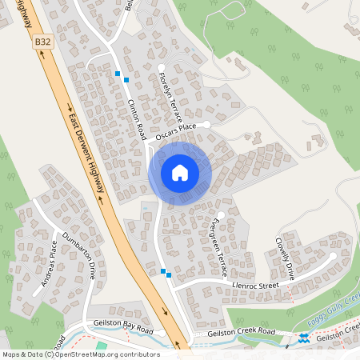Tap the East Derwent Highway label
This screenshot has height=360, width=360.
86,152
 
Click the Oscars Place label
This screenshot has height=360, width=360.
176,129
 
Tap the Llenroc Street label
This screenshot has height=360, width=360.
256,285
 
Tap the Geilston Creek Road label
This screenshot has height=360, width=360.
240,332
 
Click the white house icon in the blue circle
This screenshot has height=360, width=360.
180,173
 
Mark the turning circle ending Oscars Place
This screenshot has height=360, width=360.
206,123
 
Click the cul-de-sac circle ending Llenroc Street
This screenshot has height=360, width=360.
334,257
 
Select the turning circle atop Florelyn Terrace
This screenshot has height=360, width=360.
161,67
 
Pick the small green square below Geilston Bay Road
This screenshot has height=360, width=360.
102,346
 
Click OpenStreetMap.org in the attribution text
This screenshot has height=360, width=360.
97,354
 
